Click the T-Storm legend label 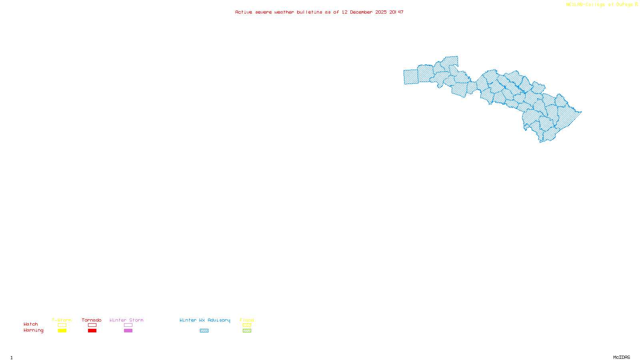click(x=62, y=320)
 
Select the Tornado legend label click(x=92, y=320)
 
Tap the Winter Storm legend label click(x=126, y=320)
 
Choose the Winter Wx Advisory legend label click(x=205, y=320)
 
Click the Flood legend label click(x=247, y=320)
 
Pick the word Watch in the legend click(x=31, y=324)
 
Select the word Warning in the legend click(x=34, y=330)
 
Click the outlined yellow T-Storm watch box click(x=62, y=325)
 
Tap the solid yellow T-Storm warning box click(x=62, y=331)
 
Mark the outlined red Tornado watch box click(x=92, y=325)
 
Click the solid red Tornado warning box click(x=92, y=331)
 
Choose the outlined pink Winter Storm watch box click(x=128, y=325)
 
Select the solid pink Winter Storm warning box click(x=128, y=331)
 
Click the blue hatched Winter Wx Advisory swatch click(x=204, y=331)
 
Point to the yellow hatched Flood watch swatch click(x=247, y=325)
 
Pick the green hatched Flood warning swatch click(x=247, y=331)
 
